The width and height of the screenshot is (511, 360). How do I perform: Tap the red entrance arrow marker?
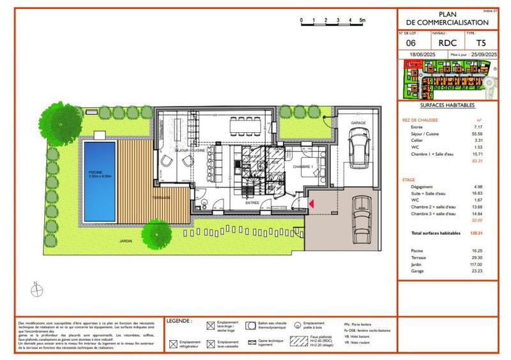(311, 204)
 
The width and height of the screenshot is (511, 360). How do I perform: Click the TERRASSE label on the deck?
(161, 198)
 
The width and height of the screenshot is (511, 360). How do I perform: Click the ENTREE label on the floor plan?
(252, 203)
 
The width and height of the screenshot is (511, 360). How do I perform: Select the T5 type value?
(472, 43)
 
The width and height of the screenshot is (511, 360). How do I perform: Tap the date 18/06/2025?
(422, 56)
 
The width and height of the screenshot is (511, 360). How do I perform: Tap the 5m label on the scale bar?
(362, 20)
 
